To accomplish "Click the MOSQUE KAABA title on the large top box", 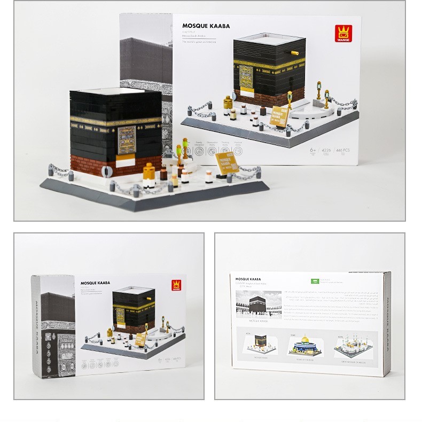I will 206,25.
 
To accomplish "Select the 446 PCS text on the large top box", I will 344,152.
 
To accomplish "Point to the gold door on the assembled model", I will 126,140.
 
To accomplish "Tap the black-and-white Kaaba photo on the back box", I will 258,304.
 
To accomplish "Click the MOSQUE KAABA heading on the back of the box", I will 248,279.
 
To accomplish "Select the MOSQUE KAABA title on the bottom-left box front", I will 95,284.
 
